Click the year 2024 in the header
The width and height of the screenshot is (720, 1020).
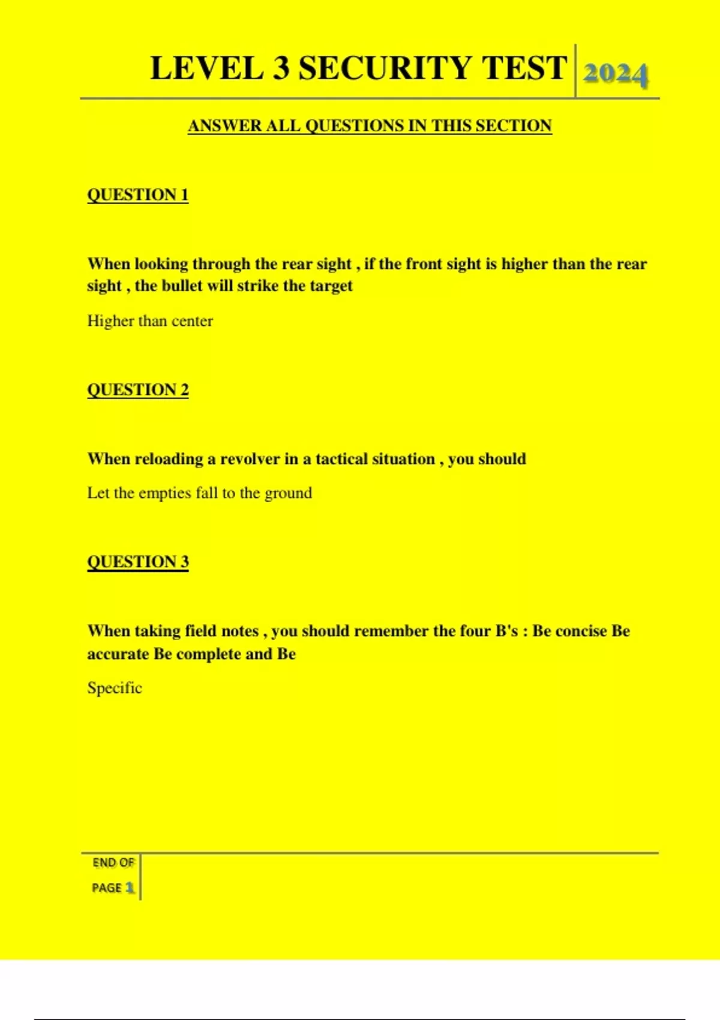click(x=616, y=74)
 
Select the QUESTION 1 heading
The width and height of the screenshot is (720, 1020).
click(x=138, y=195)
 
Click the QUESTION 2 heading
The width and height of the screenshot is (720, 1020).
click(x=138, y=390)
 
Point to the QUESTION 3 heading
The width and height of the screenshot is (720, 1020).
click(x=138, y=562)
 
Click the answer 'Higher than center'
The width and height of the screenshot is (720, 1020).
click(x=150, y=321)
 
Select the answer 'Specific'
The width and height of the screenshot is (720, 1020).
click(x=115, y=688)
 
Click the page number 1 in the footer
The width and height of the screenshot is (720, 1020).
click(x=130, y=887)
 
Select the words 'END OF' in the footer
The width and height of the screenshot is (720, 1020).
click(x=113, y=863)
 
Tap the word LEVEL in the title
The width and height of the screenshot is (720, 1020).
click(x=206, y=68)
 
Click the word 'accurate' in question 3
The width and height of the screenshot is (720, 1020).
click(x=118, y=654)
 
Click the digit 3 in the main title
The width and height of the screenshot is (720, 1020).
click(x=281, y=68)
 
